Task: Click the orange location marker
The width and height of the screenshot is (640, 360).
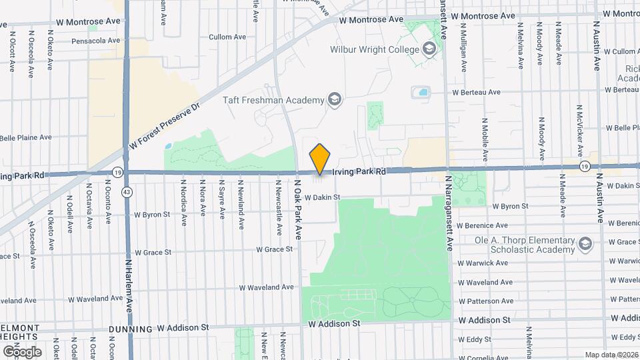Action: (x=320, y=159)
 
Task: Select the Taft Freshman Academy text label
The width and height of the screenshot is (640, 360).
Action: (x=273, y=101)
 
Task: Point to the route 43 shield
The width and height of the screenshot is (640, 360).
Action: (x=127, y=192)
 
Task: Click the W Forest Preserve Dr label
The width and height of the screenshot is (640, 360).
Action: (x=164, y=127)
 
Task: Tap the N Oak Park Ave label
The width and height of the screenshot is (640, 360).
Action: (x=298, y=207)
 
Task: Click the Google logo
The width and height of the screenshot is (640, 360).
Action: (x=21, y=351)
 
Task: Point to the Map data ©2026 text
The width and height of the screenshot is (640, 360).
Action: (x=611, y=355)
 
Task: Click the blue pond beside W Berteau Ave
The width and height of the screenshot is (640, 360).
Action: (x=421, y=92)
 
